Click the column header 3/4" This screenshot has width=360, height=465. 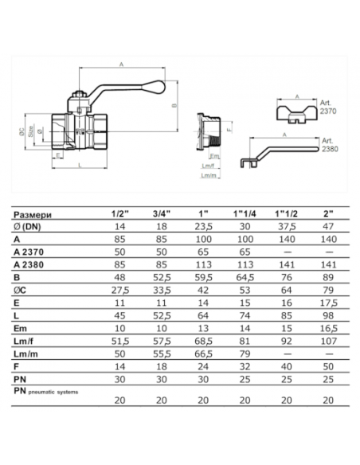162,213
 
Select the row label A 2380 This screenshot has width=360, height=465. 29,265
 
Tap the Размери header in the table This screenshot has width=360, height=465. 33,215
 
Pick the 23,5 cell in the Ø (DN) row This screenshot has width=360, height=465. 203,227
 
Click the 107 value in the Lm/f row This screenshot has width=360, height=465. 329,342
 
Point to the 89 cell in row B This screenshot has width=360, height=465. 329,278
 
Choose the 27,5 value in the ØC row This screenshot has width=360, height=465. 120,291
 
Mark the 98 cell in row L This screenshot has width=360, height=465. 329,316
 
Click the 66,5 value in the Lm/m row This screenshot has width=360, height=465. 203,354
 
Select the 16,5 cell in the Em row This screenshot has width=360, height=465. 329,329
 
